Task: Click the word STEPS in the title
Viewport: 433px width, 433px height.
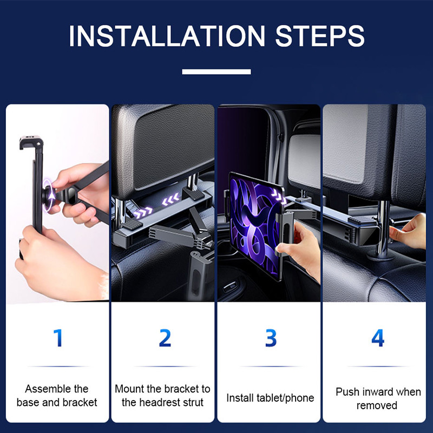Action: pos(320,36)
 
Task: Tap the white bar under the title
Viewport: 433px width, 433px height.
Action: pos(216,71)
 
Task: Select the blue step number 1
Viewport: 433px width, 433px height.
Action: pos(57,338)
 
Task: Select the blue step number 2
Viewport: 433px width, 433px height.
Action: pos(165,338)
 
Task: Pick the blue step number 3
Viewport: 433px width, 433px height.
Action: pos(271,338)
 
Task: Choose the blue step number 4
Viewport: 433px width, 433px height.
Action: pos(377,338)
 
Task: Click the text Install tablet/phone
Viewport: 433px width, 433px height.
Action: pos(270,398)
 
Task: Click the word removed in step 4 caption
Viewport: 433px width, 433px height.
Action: pos(377,405)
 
